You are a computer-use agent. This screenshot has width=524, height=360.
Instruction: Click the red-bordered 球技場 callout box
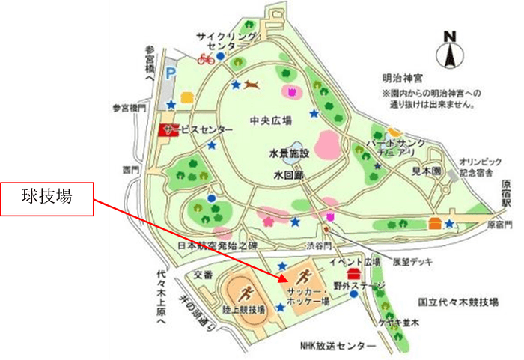[46, 199]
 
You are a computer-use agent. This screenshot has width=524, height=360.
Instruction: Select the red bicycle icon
[205, 58]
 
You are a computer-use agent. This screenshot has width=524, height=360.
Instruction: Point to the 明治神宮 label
[401, 77]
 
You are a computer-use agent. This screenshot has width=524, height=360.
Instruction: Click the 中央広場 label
[271, 120]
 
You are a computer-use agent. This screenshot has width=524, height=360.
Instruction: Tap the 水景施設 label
[288, 153]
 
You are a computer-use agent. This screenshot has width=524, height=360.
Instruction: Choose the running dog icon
[252, 85]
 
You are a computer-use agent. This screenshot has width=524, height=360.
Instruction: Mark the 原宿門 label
[500, 225]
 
